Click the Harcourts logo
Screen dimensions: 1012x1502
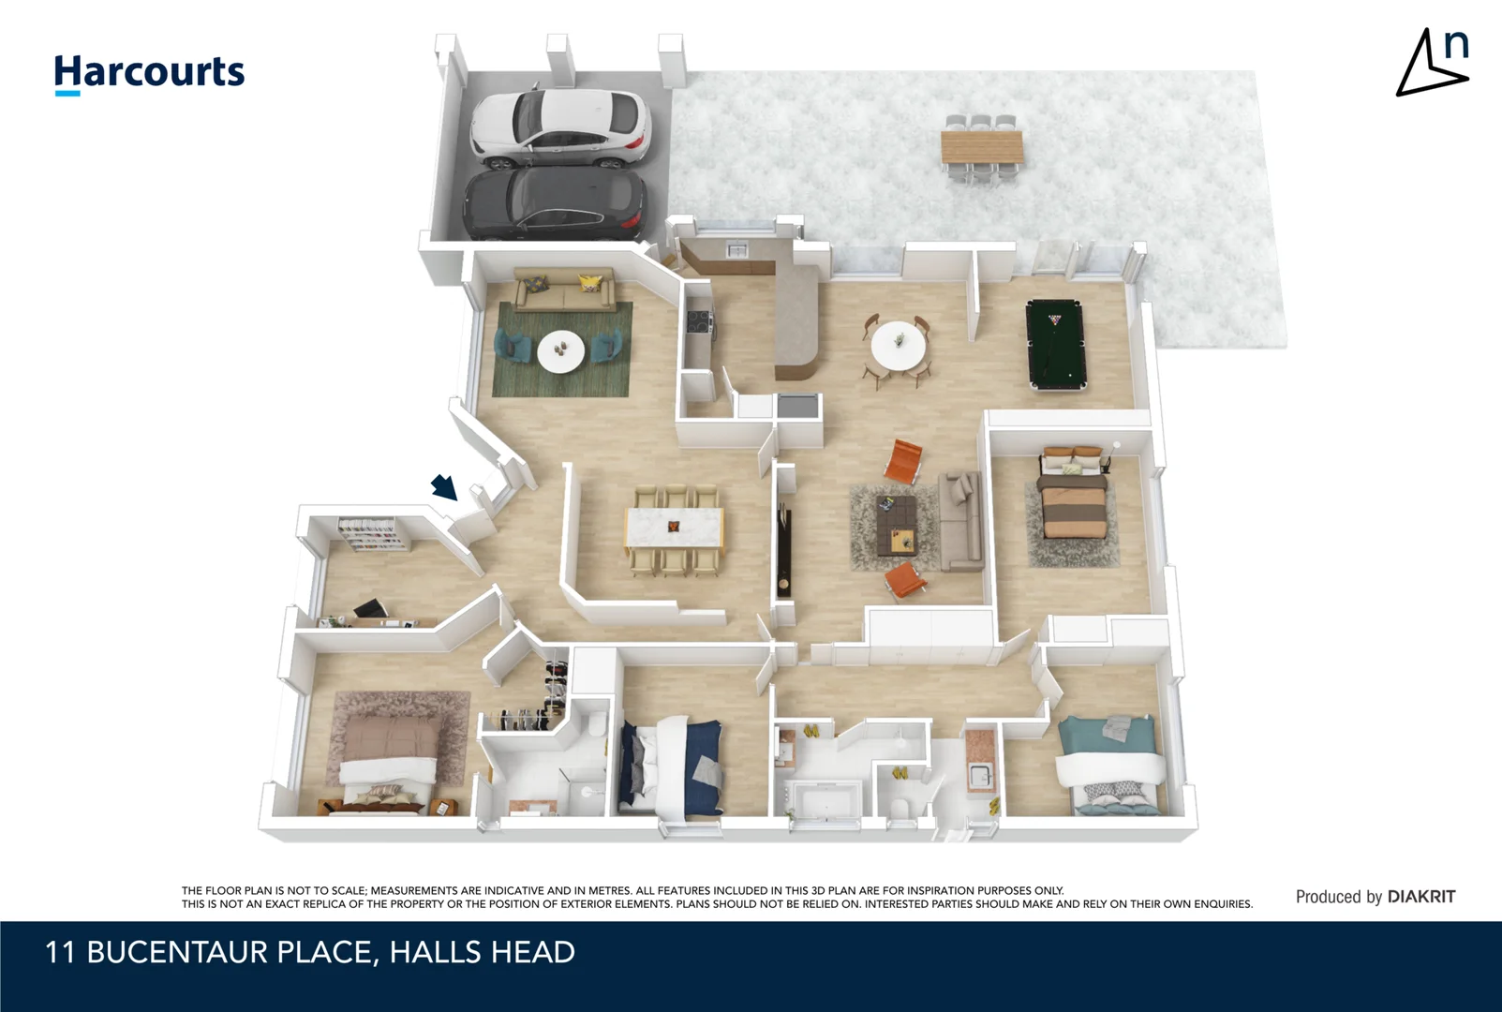click(x=149, y=73)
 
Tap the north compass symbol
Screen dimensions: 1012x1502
click(x=1433, y=63)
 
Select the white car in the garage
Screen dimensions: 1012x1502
click(x=560, y=127)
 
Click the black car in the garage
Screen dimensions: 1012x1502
click(x=555, y=203)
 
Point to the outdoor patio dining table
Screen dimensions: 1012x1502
click(x=981, y=147)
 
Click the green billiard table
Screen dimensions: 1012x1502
click(x=1055, y=344)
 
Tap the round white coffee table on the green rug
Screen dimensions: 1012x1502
click(x=561, y=350)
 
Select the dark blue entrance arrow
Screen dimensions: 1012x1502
click(x=444, y=487)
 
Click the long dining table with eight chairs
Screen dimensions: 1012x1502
click(x=674, y=528)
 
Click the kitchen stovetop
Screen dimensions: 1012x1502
click(x=698, y=322)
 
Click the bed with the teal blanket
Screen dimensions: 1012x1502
click(x=1110, y=763)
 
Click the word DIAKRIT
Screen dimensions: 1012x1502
click(x=1420, y=897)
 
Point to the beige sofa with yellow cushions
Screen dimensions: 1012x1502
click(x=564, y=290)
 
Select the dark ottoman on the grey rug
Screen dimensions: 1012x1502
click(x=896, y=513)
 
